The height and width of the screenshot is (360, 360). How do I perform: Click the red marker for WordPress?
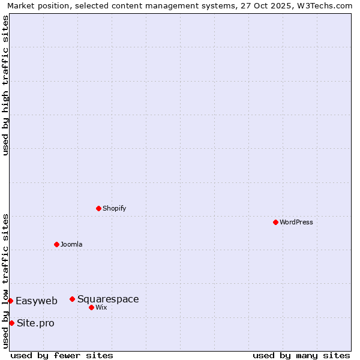275,222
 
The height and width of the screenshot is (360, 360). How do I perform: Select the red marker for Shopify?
98,208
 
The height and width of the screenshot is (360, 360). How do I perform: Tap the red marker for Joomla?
56,244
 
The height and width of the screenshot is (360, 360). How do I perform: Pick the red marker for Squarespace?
72,299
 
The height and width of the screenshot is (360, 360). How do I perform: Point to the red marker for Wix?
91,307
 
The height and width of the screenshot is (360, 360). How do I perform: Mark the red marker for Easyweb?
10,301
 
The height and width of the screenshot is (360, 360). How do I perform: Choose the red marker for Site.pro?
11,323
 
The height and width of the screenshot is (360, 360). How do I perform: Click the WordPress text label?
296,222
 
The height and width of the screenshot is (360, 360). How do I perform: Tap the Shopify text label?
114,208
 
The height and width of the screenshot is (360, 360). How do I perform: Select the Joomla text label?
71,244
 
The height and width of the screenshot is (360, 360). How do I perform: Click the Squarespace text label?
108,299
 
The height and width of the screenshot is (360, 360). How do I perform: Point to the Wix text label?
101,307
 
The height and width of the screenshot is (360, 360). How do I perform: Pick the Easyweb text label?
37,301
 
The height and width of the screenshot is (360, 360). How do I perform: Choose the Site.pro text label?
35,323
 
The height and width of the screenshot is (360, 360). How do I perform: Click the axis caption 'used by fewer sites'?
62,355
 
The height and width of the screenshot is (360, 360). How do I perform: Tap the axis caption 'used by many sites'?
301,355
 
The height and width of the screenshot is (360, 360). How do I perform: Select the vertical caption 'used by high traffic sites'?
5,85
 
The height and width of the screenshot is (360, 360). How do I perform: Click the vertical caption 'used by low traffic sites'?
5,280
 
